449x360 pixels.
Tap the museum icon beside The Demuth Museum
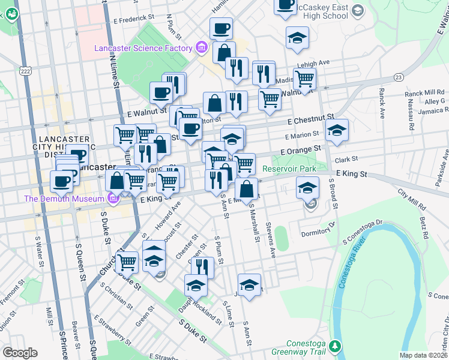(113, 199)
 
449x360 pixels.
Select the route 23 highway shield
(398, 77)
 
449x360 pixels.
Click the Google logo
(19, 353)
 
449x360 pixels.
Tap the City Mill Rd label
(411, 198)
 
